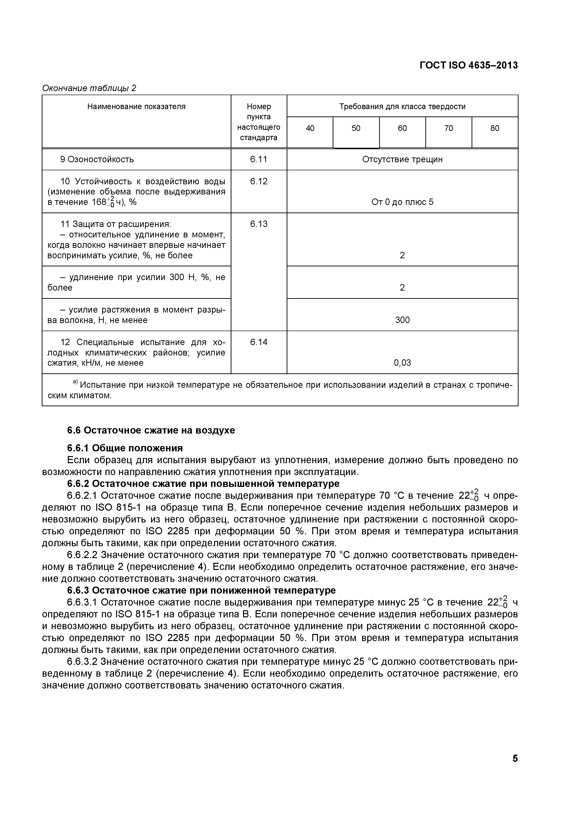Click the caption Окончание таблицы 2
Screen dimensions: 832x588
click(x=89, y=88)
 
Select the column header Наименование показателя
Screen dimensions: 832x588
click(x=136, y=106)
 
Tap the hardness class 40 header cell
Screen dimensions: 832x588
click(x=310, y=128)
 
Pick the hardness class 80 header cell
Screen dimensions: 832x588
click(x=495, y=128)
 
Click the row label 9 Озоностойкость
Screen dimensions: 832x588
click(x=97, y=159)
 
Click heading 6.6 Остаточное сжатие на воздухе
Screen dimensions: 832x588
click(x=151, y=430)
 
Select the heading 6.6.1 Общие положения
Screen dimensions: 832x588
click(x=125, y=448)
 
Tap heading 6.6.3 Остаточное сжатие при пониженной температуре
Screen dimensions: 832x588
click(x=202, y=590)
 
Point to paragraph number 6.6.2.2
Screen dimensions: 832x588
click(x=82, y=555)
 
